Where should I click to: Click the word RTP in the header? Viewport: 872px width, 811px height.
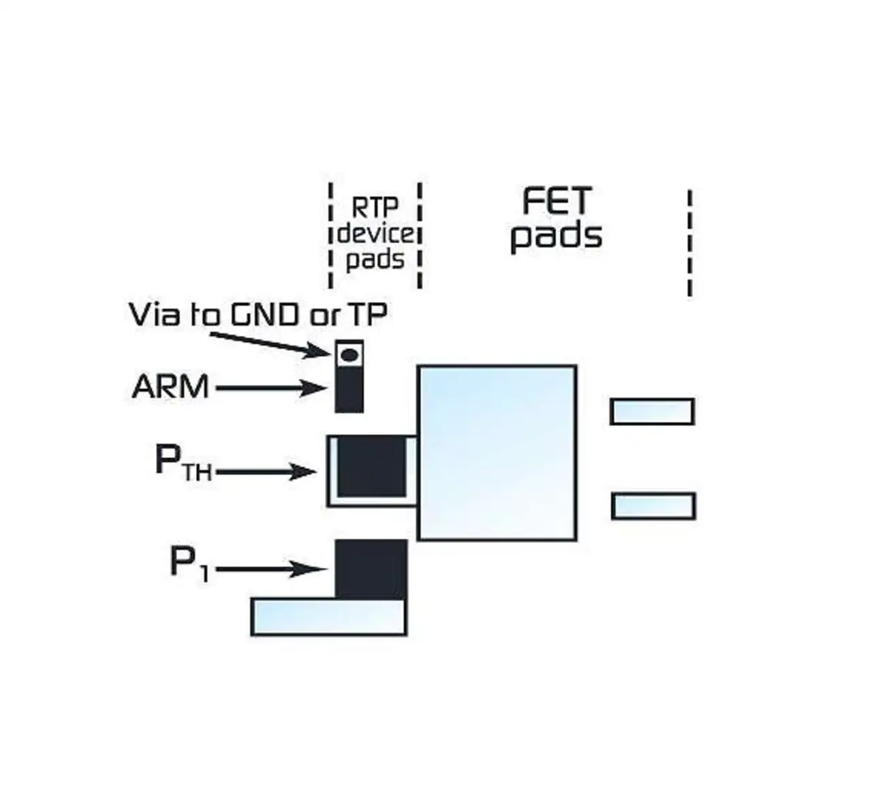coord(375,206)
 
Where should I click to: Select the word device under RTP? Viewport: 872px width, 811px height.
coord(375,234)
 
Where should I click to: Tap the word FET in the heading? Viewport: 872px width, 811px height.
coord(557,202)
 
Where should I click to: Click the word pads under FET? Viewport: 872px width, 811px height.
coord(557,236)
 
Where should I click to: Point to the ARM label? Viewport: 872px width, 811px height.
coord(170,387)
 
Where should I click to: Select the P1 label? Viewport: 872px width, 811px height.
coord(188,564)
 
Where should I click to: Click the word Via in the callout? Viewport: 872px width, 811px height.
coord(154,314)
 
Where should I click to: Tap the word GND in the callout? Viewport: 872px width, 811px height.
coord(266,314)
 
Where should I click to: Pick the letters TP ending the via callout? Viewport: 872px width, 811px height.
coord(368,314)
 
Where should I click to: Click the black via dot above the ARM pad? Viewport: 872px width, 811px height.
coord(349,354)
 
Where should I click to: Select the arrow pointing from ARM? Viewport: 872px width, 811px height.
coord(270,388)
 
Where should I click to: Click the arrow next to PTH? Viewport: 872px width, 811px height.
coord(266,472)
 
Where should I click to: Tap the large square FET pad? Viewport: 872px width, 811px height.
coord(497,453)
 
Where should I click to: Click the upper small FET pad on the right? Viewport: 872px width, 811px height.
coord(652,412)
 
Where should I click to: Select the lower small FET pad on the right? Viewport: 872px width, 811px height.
coord(653,506)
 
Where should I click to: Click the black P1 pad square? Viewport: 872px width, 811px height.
coord(371,569)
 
